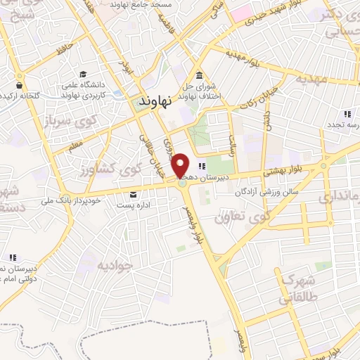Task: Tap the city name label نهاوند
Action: [x=155, y=101]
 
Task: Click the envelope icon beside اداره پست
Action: [x=133, y=195]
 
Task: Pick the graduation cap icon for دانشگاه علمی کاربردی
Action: [x=84, y=74]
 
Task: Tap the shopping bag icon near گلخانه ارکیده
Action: [x=18, y=86]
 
